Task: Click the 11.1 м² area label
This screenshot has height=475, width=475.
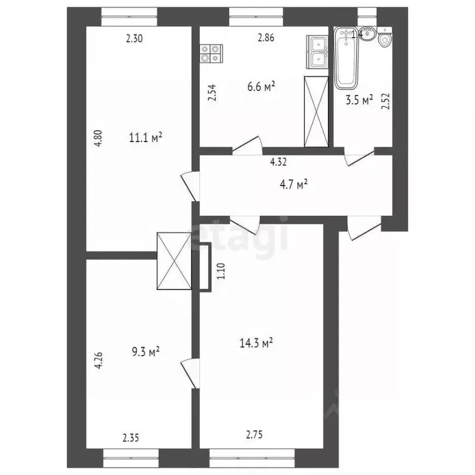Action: coord(145,137)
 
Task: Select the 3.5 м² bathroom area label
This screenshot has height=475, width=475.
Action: coord(358,100)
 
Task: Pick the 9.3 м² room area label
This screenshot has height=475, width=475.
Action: coord(145,351)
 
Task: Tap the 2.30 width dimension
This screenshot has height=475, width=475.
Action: coord(134,38)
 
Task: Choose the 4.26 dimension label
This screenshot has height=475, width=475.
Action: coord(97,360)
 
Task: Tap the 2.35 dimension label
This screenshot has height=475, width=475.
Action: coord(131,438)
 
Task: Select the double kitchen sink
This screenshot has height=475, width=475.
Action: coord(319,51)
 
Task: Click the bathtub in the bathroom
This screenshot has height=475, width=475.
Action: coord(344,60)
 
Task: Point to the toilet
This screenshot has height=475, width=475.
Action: coord(385,41)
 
